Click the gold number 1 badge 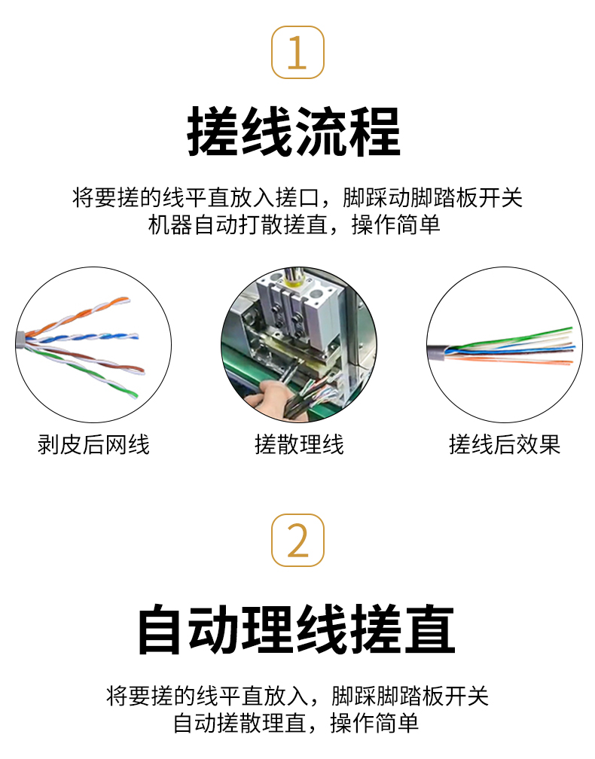pos(297,52)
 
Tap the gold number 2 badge pos(297,540)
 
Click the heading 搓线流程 pos(294,132)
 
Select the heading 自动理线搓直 pos(296,629)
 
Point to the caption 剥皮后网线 pos(93,444)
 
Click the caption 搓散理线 pos(299,444)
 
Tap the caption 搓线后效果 pos(505,444)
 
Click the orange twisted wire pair pos(78,315)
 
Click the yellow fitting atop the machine pos(294,280)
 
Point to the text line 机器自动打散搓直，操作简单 pos(294,224)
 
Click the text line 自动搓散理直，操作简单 pos(296,723)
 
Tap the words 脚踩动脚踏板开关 pos(432,197)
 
